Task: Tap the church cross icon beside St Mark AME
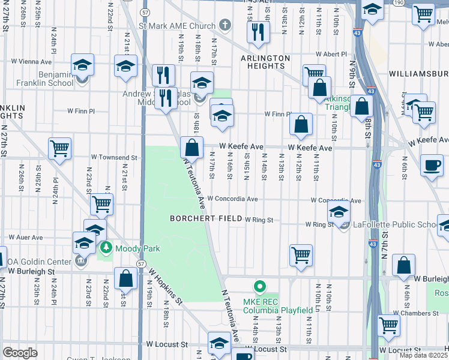tap(225, 25)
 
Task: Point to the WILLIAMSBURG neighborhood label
tap(418, 73)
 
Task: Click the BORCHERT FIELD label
tap(205, 219)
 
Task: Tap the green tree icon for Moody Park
tap(106, 247)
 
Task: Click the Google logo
tap(20, 352)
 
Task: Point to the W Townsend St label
tap(114, 157)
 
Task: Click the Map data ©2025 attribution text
tap(424, 355)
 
